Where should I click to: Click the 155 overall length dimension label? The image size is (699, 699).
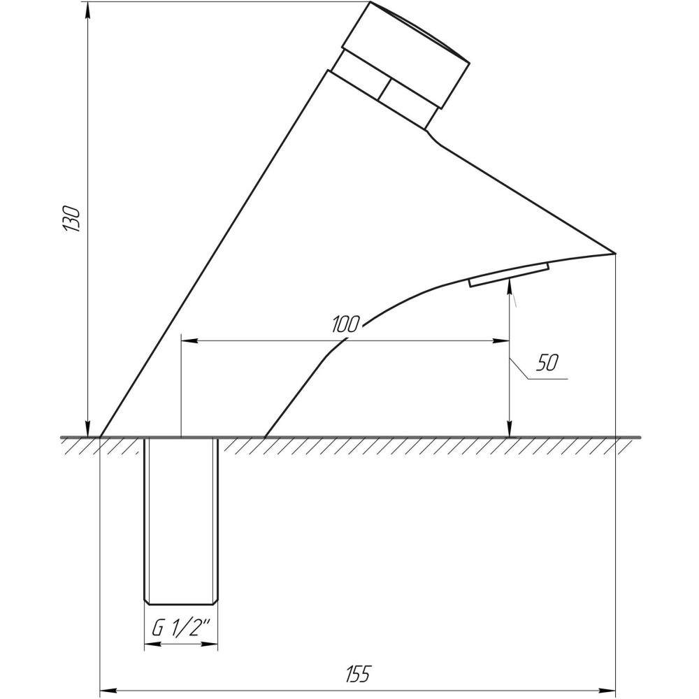click(x=357, y=675)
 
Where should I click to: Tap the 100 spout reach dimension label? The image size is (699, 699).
click(x=345, y=324)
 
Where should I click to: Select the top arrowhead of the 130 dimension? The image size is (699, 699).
click(x=87, y=8)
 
